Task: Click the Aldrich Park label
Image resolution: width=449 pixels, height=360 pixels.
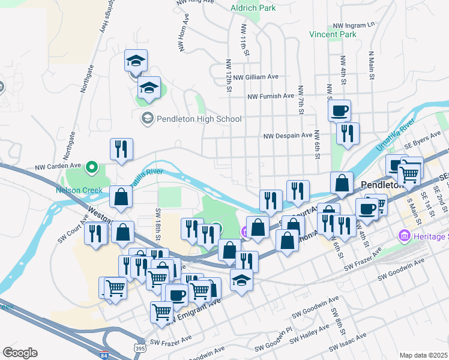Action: click(253, 8)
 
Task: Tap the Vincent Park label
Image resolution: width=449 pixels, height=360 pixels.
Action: click(333, 35)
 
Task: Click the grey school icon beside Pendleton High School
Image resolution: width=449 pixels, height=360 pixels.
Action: click(147, 119)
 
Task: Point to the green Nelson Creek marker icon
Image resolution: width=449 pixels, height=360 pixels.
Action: click(91, 167)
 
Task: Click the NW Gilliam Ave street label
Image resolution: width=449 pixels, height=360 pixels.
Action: click(256, 77)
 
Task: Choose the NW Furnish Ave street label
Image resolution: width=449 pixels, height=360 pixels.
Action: click(271, 96)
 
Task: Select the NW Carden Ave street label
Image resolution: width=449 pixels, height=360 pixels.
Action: click(58, 167)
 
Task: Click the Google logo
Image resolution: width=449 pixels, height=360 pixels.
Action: click(20, 353)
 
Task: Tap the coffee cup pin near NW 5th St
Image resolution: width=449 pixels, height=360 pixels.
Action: click(339, 110)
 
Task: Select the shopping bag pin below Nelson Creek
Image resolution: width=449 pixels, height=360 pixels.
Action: click(121, 196)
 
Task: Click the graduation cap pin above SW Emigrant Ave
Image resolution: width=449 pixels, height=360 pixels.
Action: click(241, 280)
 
